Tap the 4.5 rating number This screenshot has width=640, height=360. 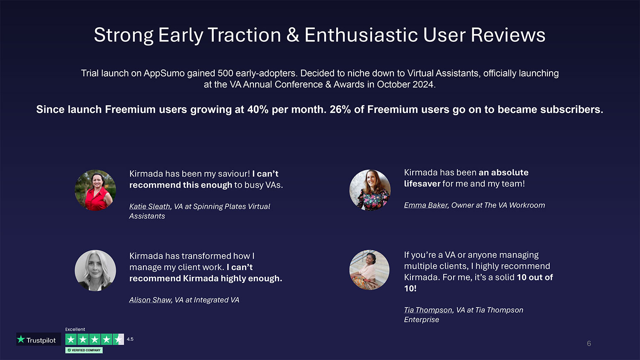click(130, 339)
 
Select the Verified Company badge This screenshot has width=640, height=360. click(84, 350)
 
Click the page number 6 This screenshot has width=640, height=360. click(589, 343)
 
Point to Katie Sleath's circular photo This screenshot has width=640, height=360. click(96, 190)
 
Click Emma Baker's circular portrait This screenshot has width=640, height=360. click(370, 190)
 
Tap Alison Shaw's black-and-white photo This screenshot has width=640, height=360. click(96, 270)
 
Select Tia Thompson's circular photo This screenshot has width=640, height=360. click(369, 270)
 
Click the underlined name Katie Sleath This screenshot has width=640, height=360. click(149, 206)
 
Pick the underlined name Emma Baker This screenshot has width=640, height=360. click(426, 205)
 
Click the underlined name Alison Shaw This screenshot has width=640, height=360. click(150, 300)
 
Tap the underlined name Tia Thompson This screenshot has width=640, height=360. click(428, 310)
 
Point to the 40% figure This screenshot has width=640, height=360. click(258, 110)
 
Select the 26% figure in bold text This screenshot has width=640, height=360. click(340, 110)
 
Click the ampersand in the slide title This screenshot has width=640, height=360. click(293, 35)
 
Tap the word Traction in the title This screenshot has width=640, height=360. click(244, 35)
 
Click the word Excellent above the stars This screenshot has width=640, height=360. click(75, 329)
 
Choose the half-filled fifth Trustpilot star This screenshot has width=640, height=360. click(118, 340)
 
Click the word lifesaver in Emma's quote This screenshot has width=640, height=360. click(422, 183)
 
